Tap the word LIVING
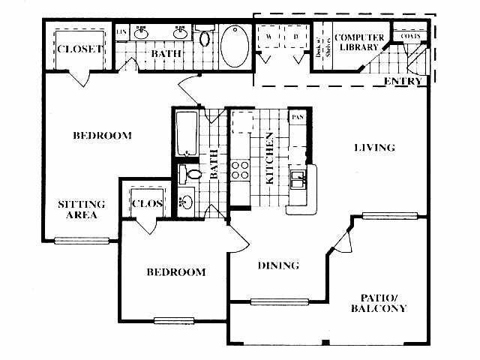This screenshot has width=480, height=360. pyautogui.click(x=374, y=148)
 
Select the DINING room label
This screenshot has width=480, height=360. pyautogui.click(x=279, y=265)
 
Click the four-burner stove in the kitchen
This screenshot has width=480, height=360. pyautogui.click(x=240, y=169)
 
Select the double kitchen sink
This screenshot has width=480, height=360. pyautogui.click(x=299, y=179)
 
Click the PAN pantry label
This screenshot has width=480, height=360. pyautogui.click(x=298, y=117)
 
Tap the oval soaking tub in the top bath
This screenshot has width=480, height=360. pyautogui.click(x=236, y=46)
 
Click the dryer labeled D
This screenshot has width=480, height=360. pyautogui.click(x=296, y=36)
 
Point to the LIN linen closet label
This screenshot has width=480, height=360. pyautogui.click(x=121, y=31)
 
